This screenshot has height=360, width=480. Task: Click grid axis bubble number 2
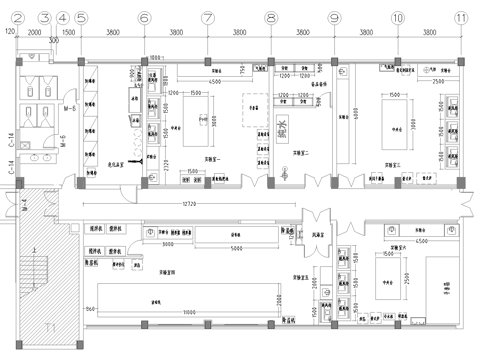tap(18, 17)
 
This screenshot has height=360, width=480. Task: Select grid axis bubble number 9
tap(334, 17)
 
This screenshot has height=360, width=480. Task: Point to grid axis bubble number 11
tap(460, 17)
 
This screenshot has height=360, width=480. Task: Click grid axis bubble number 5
tap(81, 17)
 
